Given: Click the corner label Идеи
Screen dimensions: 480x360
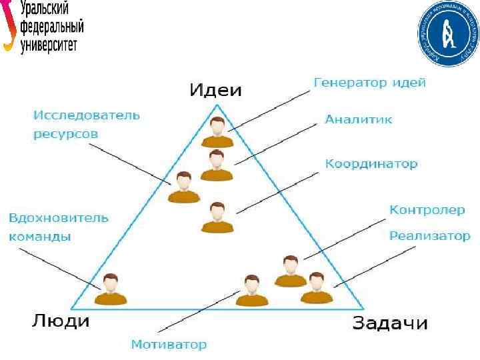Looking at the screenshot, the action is tap(215, 90).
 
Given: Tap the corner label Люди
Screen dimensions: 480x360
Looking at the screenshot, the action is tap(61, 321).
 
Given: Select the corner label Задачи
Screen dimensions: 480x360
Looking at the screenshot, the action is tap(389, 324).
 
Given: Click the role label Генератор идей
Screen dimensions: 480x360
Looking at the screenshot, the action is tap(369, 83).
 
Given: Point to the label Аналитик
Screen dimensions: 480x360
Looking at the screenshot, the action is tap(359, 120).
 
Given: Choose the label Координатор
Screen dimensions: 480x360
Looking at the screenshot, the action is tap(371, 164).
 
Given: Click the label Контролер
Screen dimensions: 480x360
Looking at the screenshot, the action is tap(427, 210).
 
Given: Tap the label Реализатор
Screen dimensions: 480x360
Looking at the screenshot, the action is tap(430, 236).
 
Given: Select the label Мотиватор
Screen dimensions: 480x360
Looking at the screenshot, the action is tap(169, 345).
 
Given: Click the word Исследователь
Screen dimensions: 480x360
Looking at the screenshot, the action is tap(87, 115).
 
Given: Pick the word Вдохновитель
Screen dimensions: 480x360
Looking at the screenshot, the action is tap(59, 218).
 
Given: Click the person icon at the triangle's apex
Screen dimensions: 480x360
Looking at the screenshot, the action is tap(217, 132).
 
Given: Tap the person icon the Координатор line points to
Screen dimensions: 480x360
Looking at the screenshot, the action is tap(217, 217).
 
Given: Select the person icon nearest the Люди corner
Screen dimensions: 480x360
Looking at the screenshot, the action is tap(111, 289).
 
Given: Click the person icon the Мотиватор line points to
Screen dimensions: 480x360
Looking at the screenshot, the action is tap(251, 291).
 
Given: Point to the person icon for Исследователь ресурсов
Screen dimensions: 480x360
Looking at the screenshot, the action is tap(184, 187).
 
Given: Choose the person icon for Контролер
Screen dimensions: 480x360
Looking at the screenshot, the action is tap(290, 271).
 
